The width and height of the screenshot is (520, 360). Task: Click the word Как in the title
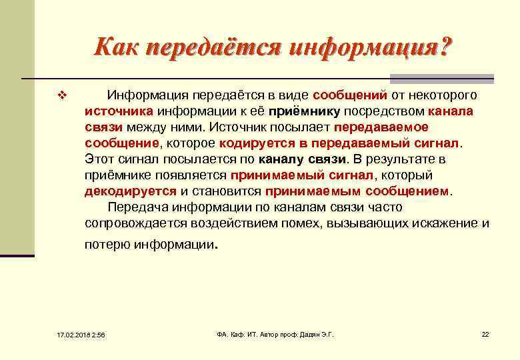(117, 48)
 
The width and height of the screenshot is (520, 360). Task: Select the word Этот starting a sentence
(100, 159)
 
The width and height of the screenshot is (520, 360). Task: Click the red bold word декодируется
(131, 191)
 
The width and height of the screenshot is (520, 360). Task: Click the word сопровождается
(135, 223)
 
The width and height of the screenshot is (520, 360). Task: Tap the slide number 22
(485, 333)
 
